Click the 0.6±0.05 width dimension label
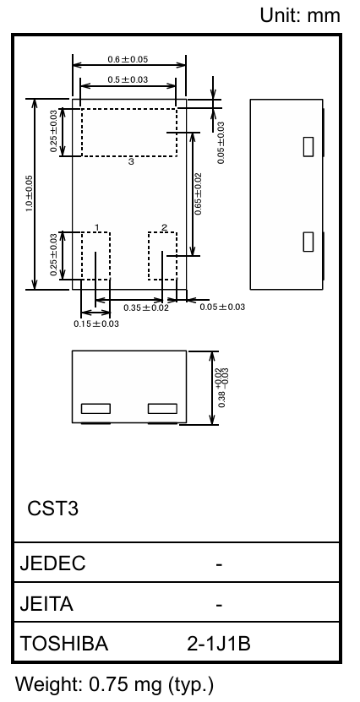pyautogui.click(x=128, y=59)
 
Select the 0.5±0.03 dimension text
pyautogui.click(x=128, y=79)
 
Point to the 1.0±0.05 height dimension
pyautogui.click(x=29, y=193)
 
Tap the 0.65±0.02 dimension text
pyautogui.click(x=198, y=193)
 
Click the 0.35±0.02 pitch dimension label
pyautogui.click(x=146, y=307)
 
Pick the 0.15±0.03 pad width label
pyautogui.click(x=96, y=324)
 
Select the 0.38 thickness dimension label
pyautogui.click(x=222, y=388)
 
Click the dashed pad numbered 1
pyautogui.click(x=95, y=256)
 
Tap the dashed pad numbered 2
pyautogui.click(x=162, y=256)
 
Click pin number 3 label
pyautogui.click(x=131, y=161)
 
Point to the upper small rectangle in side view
pyautogui.click(x=308, y=147)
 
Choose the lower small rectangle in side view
pyautogui.click(x=308, y=242)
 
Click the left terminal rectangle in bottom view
pyautogui.click(x=95, y=408)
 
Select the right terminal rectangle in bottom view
pyautogui.click(x=162, y=408)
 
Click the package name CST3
pyautogui.click(x=53, y=509)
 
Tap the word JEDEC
pyautogui.click(x=52, y=563)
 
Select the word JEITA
pyautogui.click(x=46, y=604)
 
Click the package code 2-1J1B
pyautogui.click(x=219, y=644)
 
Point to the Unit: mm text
pyautogui.click(x=300, y=15)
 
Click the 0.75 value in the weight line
pyautogui.click(x=109, y=684)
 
